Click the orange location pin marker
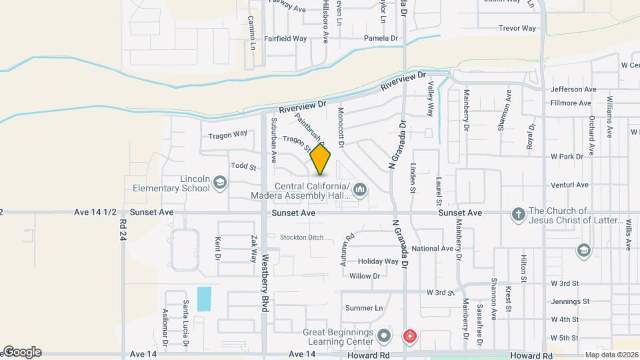[x=321, y=159]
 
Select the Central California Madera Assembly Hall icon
[x=361, y=190]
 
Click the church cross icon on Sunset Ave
[x=518, y=214]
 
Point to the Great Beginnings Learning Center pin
[x=383, y=335]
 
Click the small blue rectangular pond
[x=204, y=298]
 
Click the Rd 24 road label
[x=123, y=231]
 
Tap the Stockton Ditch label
[x=301, y=237]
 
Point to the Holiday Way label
[x=378, y=261]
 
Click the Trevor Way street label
[x=517, y=28]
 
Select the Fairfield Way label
[x=285, y=39]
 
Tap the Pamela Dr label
[x=380, y=39]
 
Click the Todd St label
[x=243, y=166]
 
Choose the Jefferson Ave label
[x=573, y=89]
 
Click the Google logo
[x=22, y=352]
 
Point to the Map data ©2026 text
[x=611, y=355]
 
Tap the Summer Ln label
[x=364, y=308]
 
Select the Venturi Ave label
[x=569, y=185]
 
